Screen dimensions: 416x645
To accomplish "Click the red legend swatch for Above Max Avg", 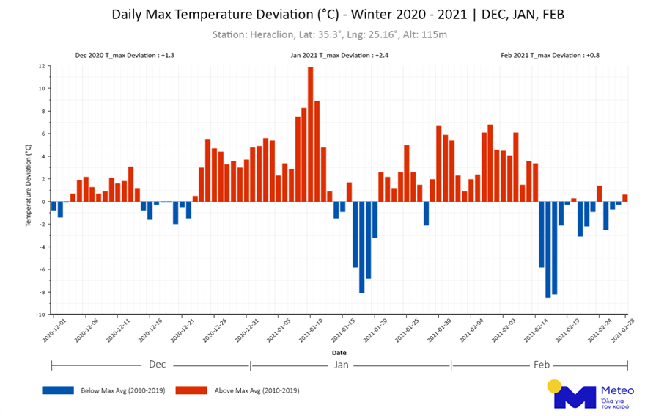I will pyautogui.click(x=192, y=390).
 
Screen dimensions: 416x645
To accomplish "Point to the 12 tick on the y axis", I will pyautogui.click(x=41, y=66).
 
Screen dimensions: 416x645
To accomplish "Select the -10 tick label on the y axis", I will pyautogui.click(x=40, y=315).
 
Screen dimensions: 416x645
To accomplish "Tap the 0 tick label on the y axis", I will pyautogui.click(x=42, y=202).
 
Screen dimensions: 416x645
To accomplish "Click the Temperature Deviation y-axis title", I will pyautogui.click(x=29, y=184).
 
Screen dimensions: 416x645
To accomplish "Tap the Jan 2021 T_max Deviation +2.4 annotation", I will pyautogui.click(x=340, y=55).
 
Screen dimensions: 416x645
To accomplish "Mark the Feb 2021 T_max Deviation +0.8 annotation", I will pyautogui.click(x=550, y=55).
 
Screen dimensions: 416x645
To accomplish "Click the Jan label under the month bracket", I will pyautogui.click(x=341, y=365).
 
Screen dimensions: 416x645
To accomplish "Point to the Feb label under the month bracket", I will pyautogui.click(x=542, y=365).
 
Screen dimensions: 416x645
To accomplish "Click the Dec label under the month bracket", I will pyautogui.click(x=157, y=365).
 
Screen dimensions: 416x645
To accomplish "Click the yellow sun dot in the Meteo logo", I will pyautogui.click(x=554, y=386).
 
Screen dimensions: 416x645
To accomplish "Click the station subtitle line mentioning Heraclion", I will pyautogui.click(x=329, y=34).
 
